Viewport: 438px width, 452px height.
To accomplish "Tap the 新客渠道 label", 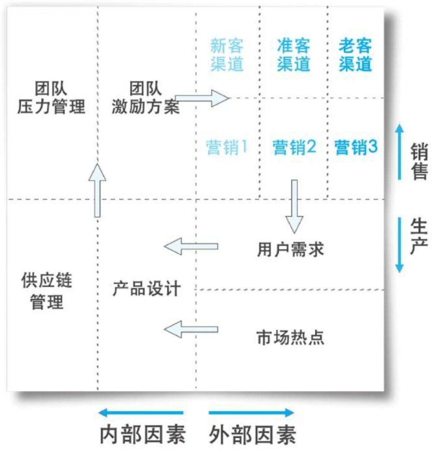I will click(227, 55).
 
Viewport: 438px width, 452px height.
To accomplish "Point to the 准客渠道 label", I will click(294, 55).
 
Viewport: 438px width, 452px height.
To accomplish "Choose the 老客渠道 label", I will click(355, 55).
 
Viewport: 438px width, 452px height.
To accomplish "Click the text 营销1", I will click(227, 148).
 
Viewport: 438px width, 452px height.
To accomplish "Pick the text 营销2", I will click(294, 148).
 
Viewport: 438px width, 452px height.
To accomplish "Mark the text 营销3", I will click(356, 148).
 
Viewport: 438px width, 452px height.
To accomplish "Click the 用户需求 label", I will click(290, 250).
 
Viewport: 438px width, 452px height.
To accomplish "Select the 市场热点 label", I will click(290, 337).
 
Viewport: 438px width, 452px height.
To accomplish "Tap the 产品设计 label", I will click(146, 289).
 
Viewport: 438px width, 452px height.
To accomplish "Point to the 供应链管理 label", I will click(47, 292).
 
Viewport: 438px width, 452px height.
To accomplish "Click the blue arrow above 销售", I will click(400, 151).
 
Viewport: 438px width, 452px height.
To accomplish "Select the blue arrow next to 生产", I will click(400, 245).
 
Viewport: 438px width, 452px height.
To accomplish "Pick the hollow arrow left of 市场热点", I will click(191, 330).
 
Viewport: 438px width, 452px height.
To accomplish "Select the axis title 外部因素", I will click(253, 435).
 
